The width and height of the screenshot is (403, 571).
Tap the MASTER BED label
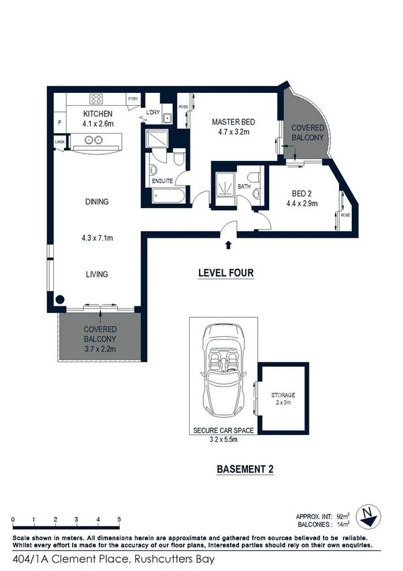[231, 122]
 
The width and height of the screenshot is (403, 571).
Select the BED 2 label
[301, 191]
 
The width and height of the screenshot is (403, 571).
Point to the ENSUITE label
[162, 181]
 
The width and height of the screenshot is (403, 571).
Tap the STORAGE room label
[283, 395]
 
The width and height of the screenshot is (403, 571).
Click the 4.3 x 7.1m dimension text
[98, 238]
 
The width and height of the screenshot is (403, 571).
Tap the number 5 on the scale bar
[120, 519]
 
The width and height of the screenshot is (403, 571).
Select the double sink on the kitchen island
[92, 141]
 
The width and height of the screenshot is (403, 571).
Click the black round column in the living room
[60, 301]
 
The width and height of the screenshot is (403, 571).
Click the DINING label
[98, 201]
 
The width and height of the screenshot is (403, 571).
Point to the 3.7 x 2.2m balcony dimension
[100, 349]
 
